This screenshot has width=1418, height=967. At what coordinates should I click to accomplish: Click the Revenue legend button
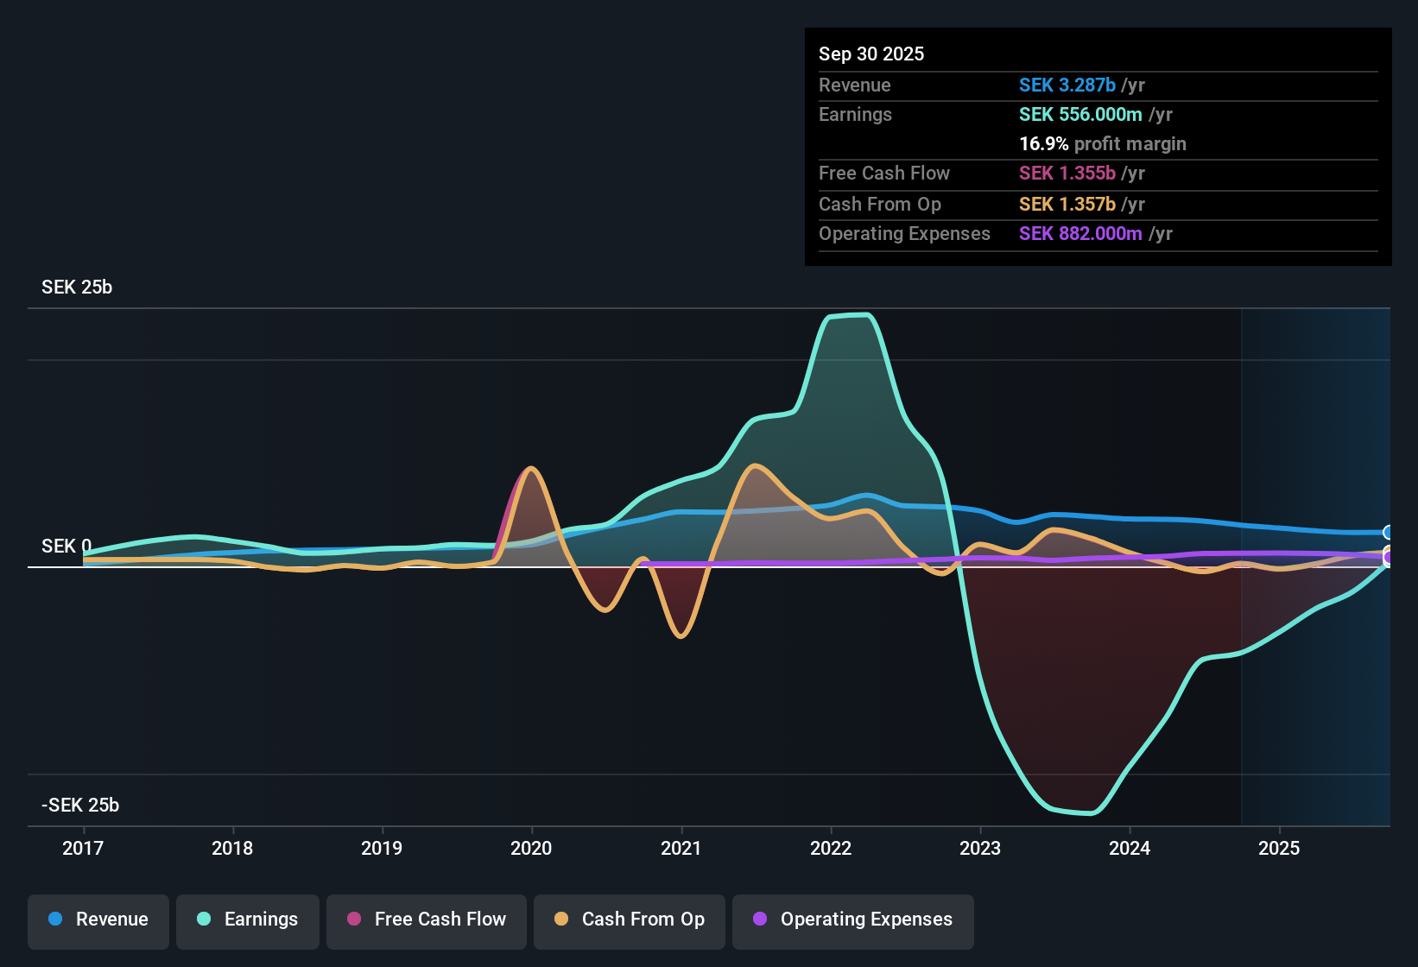[x=98, y=920]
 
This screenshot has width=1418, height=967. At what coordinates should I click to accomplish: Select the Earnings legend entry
[x=248, y=920]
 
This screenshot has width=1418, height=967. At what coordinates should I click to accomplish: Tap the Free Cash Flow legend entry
[x=427, y=920]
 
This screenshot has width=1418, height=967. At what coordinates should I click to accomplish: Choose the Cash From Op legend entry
[x=630, y=920]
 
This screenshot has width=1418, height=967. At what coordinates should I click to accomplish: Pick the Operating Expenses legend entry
[x=853, y=920]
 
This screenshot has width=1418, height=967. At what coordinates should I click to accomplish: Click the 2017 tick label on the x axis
[x=83, y=848]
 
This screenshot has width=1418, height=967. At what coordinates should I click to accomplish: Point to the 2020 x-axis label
[x=531, y=848]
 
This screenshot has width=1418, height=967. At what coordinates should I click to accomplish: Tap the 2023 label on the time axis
[x=980, y=848]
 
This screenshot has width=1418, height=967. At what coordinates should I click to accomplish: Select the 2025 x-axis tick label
[x=1279, y=848]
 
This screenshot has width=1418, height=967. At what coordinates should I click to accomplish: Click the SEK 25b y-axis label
[x=77, y=288]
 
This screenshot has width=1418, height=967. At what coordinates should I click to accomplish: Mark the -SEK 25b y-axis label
[x=80, y=806]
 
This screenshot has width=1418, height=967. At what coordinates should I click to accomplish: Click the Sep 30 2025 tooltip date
[x=871, y=54]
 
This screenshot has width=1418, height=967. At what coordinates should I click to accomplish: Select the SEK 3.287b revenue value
[x=1067, y=85]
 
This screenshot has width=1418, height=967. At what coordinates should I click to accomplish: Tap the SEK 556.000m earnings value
[x=1080, y=115]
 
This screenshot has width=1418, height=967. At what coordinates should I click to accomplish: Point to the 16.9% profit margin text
[x=1103, y=144]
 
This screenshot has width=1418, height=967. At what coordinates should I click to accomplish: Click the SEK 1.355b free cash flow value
[x=1067, y=174]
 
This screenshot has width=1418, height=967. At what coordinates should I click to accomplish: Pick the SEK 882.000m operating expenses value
[x=1080, y=234]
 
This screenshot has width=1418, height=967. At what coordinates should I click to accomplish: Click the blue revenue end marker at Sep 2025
[x=1388, y=533]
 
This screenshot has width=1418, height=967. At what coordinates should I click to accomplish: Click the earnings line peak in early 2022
[x=851, y=315]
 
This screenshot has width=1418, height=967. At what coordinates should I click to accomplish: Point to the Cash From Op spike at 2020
[x=531, y=469]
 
